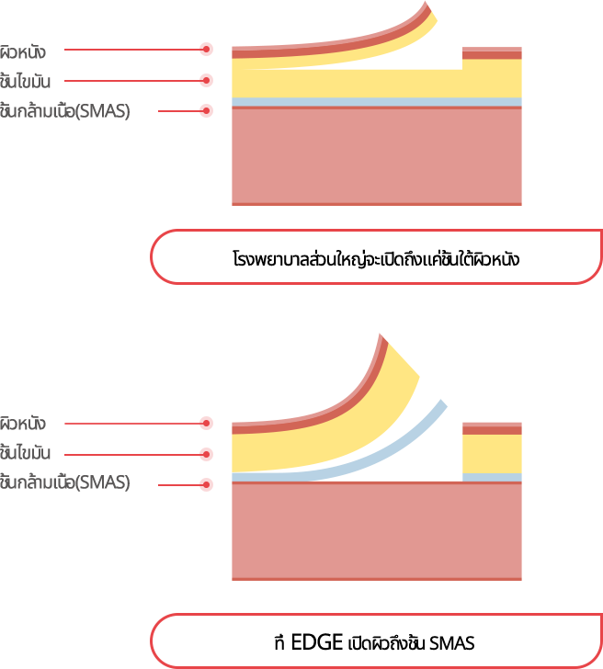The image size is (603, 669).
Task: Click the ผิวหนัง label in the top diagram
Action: (23, 51)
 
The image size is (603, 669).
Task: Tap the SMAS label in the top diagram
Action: (64, 112)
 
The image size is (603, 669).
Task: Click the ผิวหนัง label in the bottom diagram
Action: (23, 424)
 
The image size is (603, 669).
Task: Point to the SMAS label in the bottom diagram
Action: (64, 483)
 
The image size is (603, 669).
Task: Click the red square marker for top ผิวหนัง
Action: (206, 49)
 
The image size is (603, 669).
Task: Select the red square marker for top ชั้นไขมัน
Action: (206, 80)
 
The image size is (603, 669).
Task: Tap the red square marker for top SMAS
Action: (206, 110)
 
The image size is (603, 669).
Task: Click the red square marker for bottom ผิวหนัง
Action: (206, 423)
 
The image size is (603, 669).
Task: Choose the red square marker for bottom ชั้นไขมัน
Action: (206, 454)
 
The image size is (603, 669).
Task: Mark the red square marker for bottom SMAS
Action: (206, 483)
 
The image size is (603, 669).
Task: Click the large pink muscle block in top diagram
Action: (377, 155)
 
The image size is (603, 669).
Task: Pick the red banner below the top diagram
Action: (375, 256)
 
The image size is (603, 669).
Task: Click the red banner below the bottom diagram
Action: (375, 640)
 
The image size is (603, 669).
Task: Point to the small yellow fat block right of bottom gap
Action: (492, 453)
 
